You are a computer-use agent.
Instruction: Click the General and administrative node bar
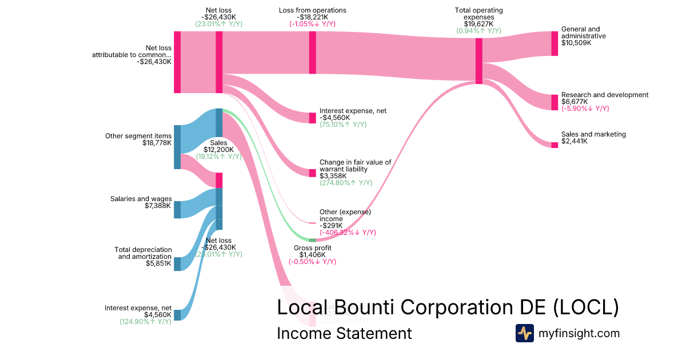click(x=554, y=43)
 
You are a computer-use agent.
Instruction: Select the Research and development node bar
click(x=554, y=102)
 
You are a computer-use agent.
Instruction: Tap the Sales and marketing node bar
click(x=554, y=145)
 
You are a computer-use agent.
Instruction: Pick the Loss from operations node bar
click(x=312, y=53)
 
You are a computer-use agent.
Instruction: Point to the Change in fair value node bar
click(x=312, y=173)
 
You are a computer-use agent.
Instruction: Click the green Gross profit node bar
click(x=312, y=240)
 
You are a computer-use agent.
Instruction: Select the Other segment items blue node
click(x=177, y=147)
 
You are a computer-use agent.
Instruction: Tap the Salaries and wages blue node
click(x=177, y=210)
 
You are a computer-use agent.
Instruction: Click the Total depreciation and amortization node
click(x=177, y=264)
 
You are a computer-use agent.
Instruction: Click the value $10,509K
click(x=576, y=43)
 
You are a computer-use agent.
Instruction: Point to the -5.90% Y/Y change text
click(x=585, y=109)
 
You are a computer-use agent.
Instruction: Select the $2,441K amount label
click(x=574, y=141)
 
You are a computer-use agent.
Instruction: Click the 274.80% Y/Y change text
click(x=346, y=183)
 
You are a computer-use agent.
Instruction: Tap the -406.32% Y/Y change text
click(x=348, y=233)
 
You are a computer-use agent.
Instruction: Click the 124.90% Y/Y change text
click(x=145, y=322)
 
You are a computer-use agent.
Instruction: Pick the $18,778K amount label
click(x=157, y=143)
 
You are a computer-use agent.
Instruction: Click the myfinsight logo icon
click(x=524, y=333)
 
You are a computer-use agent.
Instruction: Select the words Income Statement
click(x=344, y=333)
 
